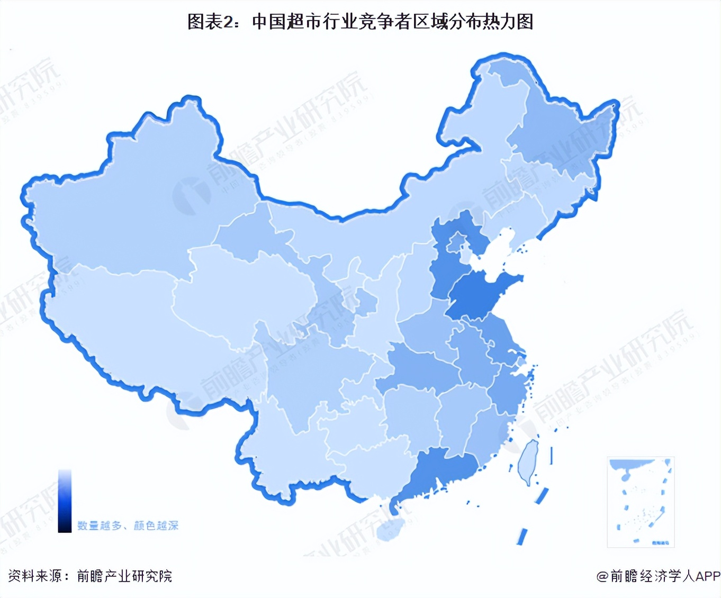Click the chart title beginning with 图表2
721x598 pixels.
360,22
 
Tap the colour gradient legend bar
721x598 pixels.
65,500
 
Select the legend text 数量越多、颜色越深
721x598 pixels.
128,525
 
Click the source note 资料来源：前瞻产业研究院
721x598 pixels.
90,576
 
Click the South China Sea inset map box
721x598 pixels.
641,502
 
